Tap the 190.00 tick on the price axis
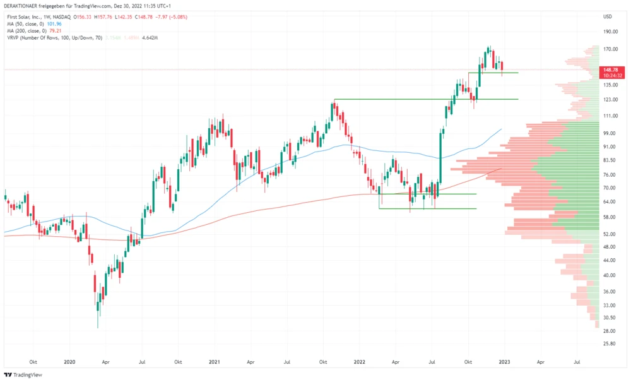coord(610,32)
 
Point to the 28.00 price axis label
coord(609,331)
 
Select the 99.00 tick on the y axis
coord(609,133)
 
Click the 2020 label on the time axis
coord(69,362)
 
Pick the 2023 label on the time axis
coord(504,362)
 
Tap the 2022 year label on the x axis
coord(359,362)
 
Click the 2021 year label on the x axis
coord(215,362)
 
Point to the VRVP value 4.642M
coord(149,38)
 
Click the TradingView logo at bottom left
coord(24,375)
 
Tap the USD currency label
coord(608,16)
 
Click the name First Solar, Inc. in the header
coord(21,16)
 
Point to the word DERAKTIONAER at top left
coord(22,6)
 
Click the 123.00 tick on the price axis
coord(610,100)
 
